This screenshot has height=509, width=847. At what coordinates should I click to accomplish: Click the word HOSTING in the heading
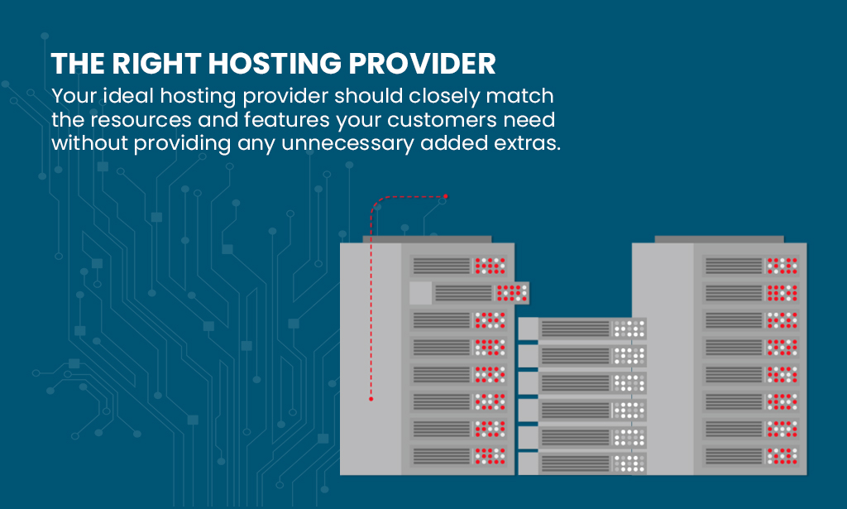coord(284,64)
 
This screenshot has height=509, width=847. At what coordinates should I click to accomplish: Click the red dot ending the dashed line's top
coord(445,196)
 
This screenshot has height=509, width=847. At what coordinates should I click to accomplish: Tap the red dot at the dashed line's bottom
coord(371,399)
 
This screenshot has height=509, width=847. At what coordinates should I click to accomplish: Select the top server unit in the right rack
coord(751,266)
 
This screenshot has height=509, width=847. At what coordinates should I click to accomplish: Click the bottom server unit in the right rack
coord(751,454)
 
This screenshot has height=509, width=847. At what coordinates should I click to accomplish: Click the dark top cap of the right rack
coord(718,239)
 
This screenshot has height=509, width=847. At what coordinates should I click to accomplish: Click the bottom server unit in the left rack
coord(458,454)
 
